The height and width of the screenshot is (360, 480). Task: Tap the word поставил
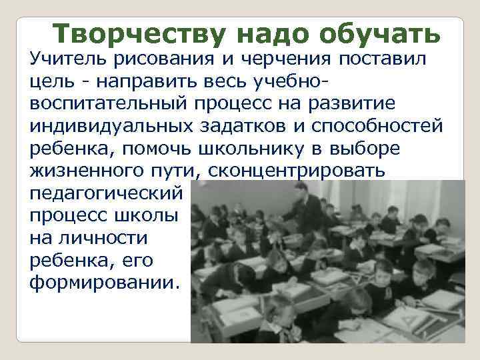(x=389, y=61)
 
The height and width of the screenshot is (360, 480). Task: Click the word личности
(x=89, y=236)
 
